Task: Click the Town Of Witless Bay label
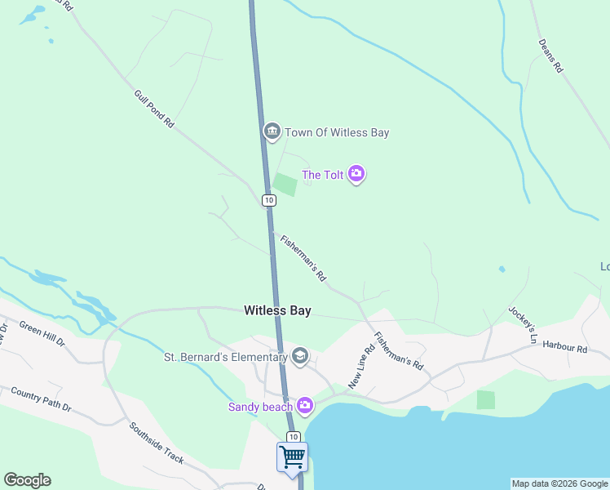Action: (x=337, y=132)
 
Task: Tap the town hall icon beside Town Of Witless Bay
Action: (x=272, y=131)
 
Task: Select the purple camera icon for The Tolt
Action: (x=356, y=174)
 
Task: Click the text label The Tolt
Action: (x=323, y=175)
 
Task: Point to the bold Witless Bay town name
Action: (x=277, y=310)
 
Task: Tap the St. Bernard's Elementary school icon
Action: (x=300, y=356)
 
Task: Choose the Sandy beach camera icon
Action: (x=305, y=404)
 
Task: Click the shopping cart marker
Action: (x=292, y=457)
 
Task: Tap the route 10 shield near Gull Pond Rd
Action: (x=269, y=200)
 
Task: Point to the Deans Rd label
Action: (x=550, y=56)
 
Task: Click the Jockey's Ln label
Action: (x=524, y=324)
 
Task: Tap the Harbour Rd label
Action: (x=564, y=348)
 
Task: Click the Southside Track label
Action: (x=157, y=443)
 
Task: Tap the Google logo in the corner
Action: (x=27, y=480)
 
